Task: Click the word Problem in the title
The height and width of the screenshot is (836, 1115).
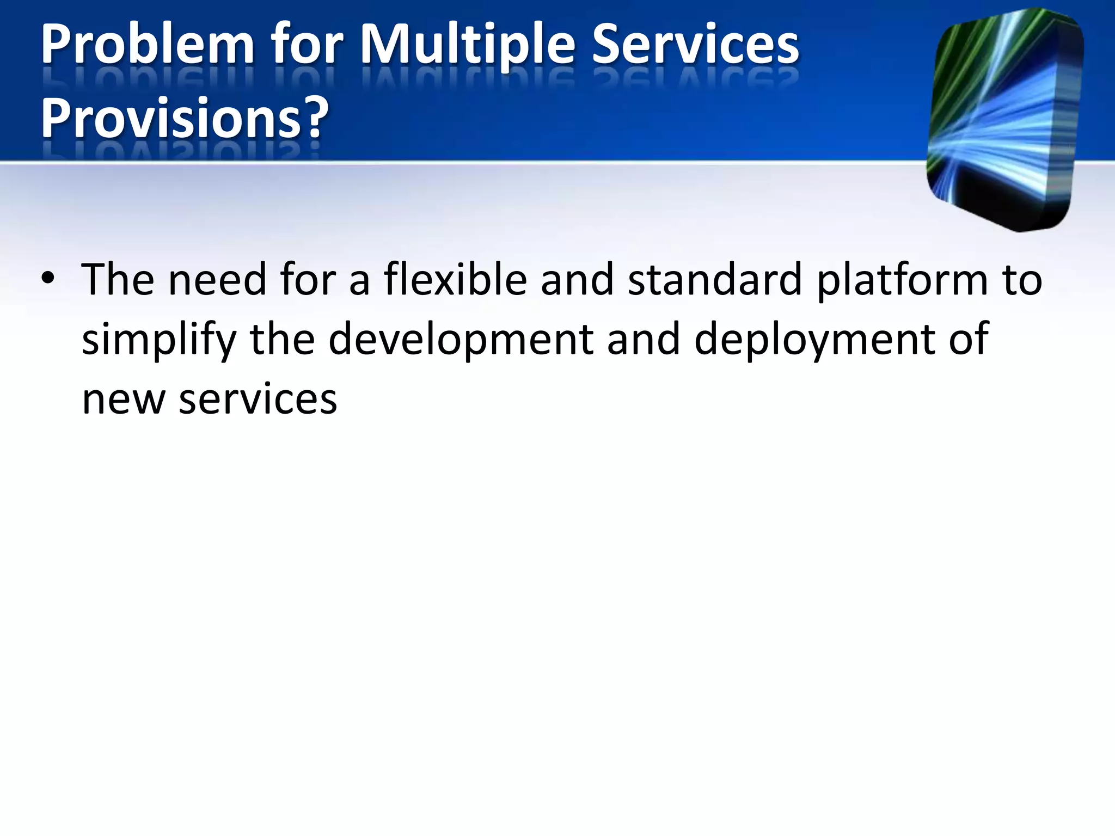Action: (147, 46)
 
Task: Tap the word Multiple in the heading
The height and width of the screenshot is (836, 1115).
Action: (467, 46)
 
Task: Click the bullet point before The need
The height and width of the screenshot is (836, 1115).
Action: (48, 279)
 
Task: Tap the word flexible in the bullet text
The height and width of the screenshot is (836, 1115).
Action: (455, 279)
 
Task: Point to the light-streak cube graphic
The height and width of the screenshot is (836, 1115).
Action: (1004, 120)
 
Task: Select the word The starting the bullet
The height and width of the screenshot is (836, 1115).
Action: (118, 279)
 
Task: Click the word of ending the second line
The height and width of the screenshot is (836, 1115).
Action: (969, 339)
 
